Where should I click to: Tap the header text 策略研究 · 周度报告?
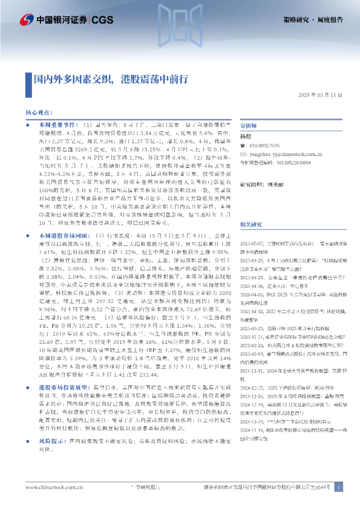(313, 20)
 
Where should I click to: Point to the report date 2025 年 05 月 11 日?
(320, 96)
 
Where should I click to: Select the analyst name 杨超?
(246, 137)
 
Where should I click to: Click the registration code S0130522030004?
(296, 163)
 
